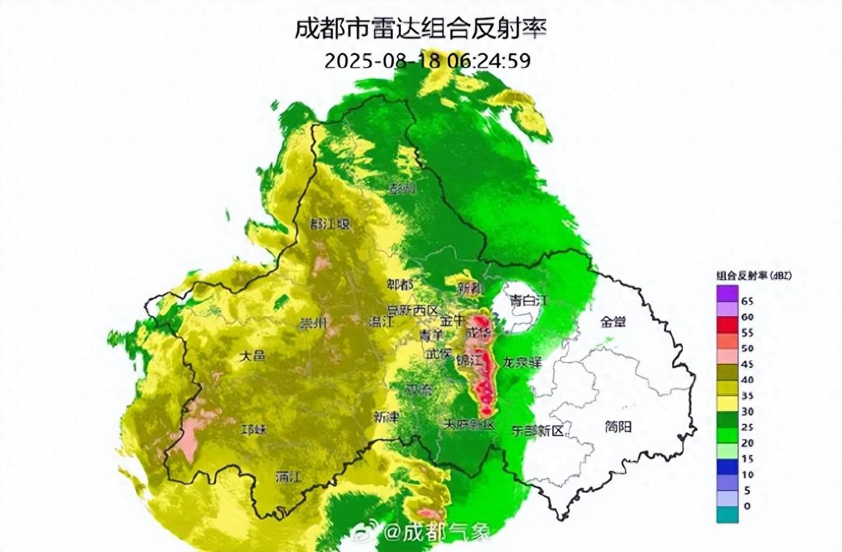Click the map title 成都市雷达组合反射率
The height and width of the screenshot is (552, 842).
coord(420,28)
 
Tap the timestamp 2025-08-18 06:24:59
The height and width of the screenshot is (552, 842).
coord(427,60)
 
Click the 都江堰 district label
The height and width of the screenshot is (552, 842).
coord(330,223)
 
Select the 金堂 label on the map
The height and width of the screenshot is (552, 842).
coord(613,321)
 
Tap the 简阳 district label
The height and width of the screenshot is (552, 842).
coord(618,427)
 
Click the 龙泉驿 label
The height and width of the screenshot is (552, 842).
coord(522,362)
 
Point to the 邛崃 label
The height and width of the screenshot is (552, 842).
coord(254,430)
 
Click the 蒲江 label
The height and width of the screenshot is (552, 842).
coord(289,476)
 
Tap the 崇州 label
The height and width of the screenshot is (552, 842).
coord(314,323)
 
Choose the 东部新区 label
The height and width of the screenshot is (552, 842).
coord(538,430)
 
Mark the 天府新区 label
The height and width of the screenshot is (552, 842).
coord(469,424)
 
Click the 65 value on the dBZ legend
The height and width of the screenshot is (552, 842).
coord(747,301)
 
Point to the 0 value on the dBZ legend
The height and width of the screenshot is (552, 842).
coord(747,506)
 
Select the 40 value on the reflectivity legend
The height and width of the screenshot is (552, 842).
coord(747,380)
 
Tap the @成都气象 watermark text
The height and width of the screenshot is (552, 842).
coord(436,533)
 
